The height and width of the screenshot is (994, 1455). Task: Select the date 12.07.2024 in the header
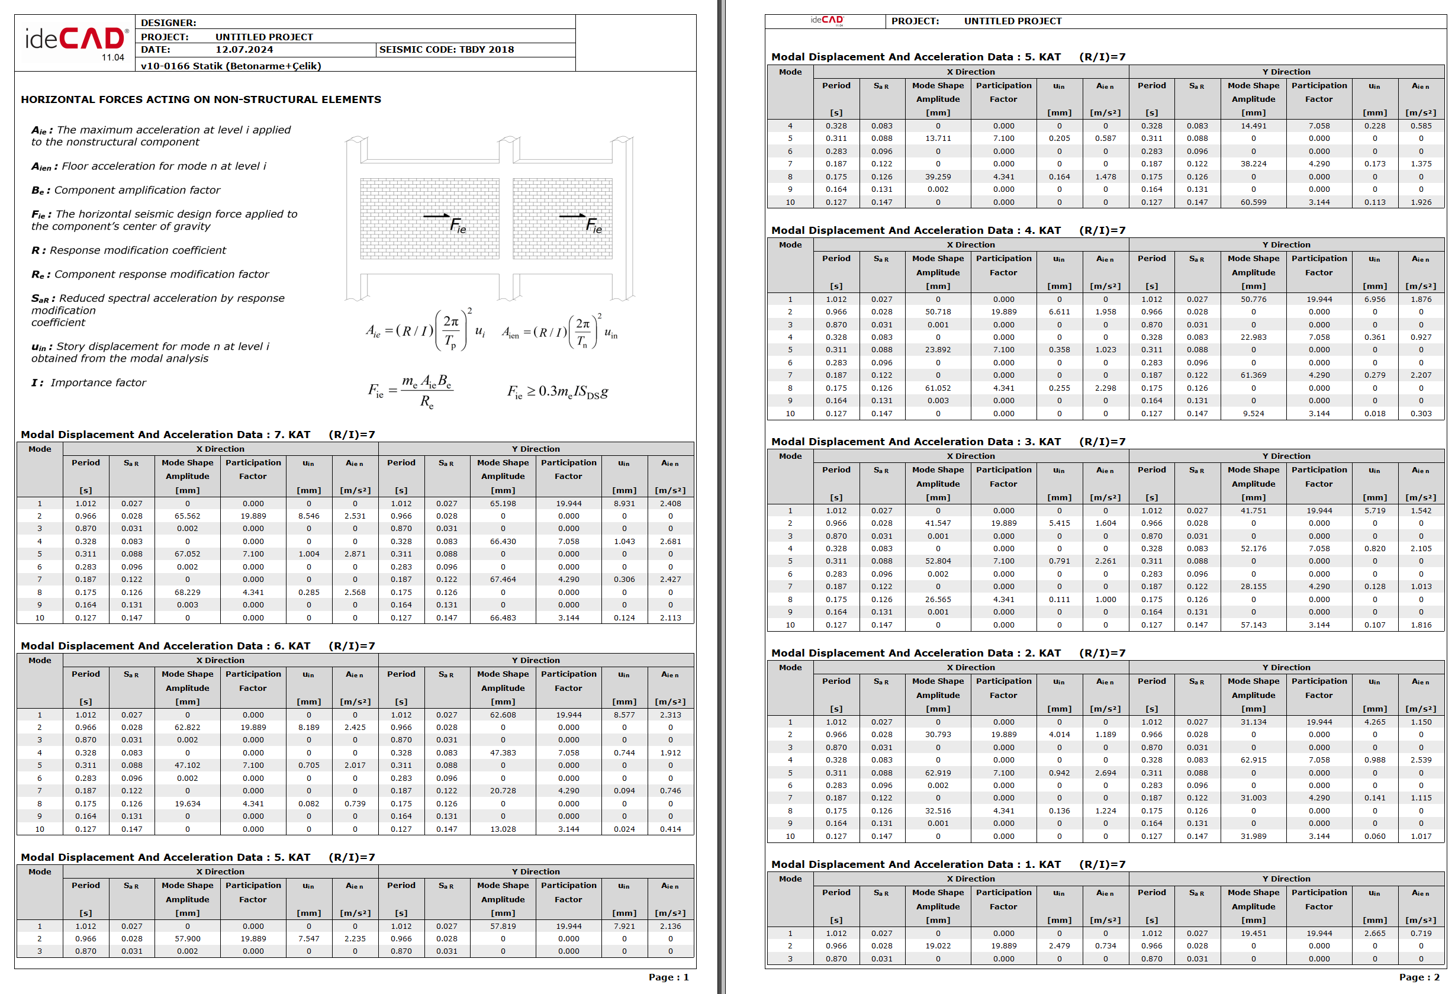pyautogui.click(x=244, y=50)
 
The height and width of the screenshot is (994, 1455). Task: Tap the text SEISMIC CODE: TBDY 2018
pyautogui.click(x=446, y=50)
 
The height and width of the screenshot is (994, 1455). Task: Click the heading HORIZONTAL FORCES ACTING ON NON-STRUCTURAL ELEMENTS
pyautogui.click(x=200, y=99)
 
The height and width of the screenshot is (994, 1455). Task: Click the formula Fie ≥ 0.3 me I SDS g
pyautogui.click(x=557, y=391)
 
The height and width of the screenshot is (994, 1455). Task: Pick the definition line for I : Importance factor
pyautogui.click(x=88, y=382)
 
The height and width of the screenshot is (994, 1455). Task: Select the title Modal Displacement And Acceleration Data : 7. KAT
pyautogui.click(x=165, y=435)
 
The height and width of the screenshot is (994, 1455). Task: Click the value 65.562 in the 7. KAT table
pyautogui.click(x=187, y=516)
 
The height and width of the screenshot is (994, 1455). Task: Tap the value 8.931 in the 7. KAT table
pyautogui.click(x=623, y=504)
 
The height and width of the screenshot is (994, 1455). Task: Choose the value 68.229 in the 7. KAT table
pyautogui.click(x=187, y=593)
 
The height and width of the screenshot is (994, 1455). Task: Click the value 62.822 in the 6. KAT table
pyautogui.click(x=187, y=728)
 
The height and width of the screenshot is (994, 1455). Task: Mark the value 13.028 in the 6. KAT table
pyautogui.click(x=503, y=829)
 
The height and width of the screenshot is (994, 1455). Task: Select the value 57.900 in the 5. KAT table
pyautogui.click(x=187, y=939)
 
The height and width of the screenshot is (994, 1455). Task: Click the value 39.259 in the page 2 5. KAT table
pyautogui.click(x=937, y=176)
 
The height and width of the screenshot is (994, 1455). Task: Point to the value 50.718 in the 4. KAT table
pyautogui.click(x=937, y=312)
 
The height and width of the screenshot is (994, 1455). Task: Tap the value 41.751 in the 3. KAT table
pyautogui.click(x=1253, y=511)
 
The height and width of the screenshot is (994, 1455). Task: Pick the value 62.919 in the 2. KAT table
pyautogui.click(x=937, y=773)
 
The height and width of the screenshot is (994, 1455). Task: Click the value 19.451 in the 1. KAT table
pyautogui.click(x=1253, y=933)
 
